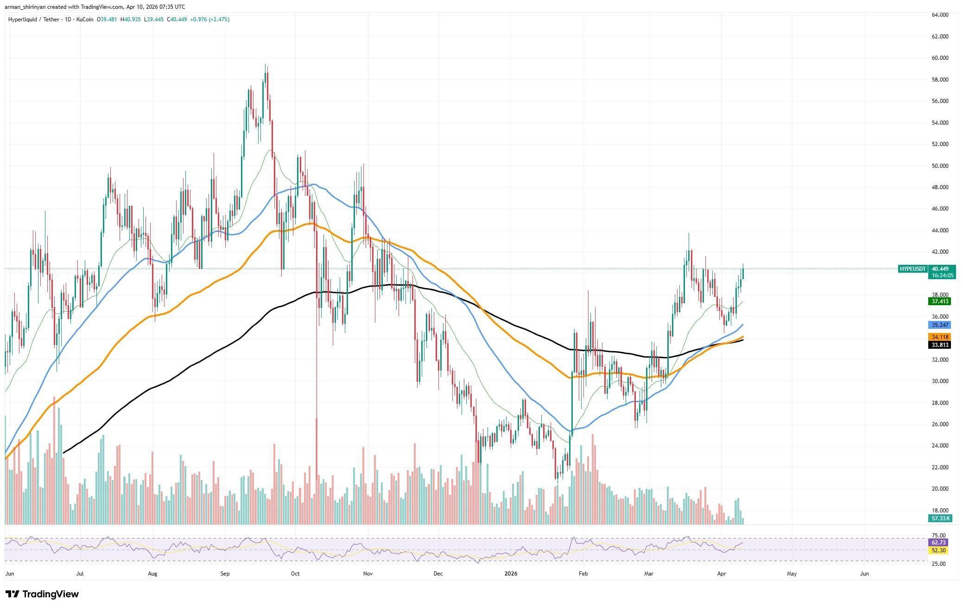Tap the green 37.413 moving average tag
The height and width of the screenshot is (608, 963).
[x=939, y=301]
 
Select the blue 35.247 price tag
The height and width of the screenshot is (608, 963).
[x=939, y=325]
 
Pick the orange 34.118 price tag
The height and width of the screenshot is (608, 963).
[x=939, y=337]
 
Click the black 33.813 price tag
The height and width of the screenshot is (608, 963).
[x=939, y=345]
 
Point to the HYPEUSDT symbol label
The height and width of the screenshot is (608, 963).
[x=912, y=269]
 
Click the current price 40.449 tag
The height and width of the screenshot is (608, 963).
[x=940, y=269]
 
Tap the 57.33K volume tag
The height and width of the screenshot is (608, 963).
[x=940, y=518]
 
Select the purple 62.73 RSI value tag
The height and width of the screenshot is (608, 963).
[x=939, y=542]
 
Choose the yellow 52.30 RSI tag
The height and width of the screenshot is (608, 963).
[x=939, y=550]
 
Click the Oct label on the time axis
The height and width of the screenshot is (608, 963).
[x=295, y=574]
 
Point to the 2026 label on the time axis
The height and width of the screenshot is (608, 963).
[x=511, y=574]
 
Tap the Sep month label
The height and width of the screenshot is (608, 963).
[x=225, y=574]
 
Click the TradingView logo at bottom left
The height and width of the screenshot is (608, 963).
[x=42, y=594]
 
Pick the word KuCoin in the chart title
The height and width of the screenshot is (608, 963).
[x=86, y=19]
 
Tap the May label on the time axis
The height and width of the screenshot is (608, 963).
[x=792, y=574]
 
